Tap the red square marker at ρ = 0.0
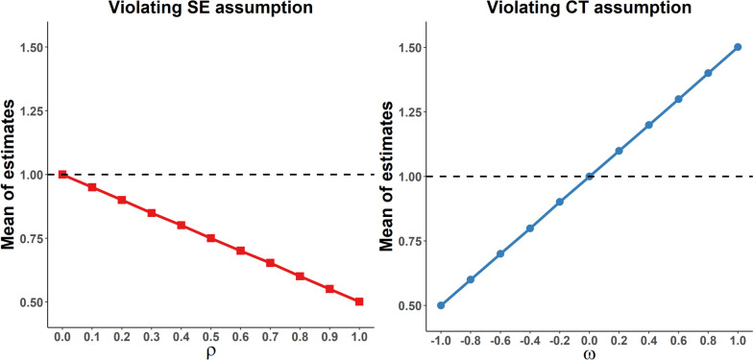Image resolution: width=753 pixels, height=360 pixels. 62,175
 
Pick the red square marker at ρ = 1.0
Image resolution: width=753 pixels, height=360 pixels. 358,301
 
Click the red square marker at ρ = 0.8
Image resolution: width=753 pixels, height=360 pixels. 299,276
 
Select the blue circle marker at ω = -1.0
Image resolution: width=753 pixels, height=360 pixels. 441,305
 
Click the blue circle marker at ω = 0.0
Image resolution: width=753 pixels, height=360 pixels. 589,176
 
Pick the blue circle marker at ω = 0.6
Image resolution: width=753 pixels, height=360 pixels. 677,99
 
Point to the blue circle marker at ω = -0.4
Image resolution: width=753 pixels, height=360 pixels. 529,228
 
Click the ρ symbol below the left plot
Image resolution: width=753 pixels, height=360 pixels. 210,348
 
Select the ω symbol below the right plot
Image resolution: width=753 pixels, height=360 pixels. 588,351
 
